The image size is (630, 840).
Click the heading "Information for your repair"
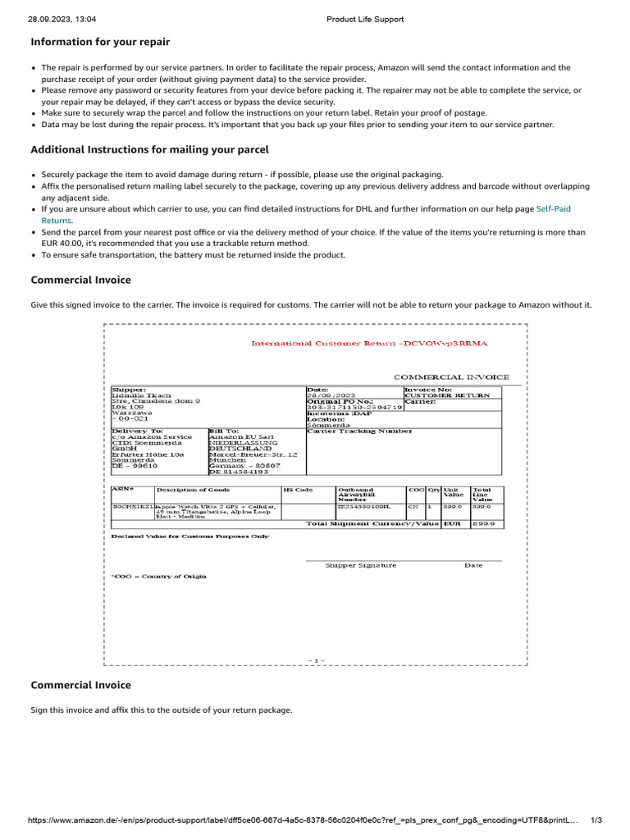[100, 42]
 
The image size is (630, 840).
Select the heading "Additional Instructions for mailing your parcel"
[149, 150]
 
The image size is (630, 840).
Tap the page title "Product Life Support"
[365, 19]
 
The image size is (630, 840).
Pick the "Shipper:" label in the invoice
[129, 390]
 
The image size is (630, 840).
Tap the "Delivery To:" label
[137, 431]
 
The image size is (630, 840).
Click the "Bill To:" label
[223, 431]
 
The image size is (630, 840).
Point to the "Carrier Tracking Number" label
[359, 431]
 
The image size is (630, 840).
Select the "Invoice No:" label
[427, 390]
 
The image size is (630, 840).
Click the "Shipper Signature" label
[360, 565]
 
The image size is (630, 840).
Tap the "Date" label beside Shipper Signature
[473, 565]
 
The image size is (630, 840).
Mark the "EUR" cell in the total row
[452, 523]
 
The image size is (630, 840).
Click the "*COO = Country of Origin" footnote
[159, 577]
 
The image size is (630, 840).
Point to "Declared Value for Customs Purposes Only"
[189, 536]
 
